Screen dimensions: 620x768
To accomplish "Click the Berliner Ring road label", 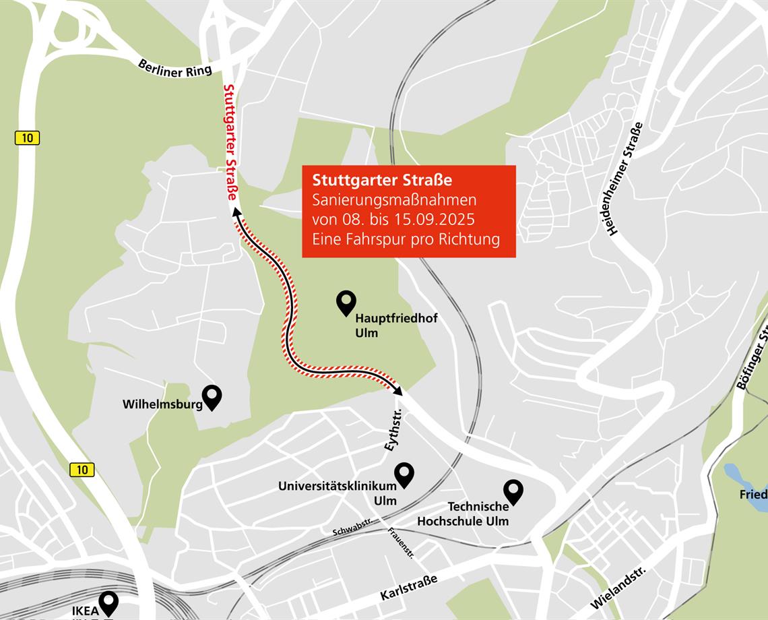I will pos(174,68).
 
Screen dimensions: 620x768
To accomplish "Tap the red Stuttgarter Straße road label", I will pos(230,142).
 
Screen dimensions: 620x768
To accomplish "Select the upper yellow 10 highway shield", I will pos(27,138).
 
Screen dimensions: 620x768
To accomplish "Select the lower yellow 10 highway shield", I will pos(82,470).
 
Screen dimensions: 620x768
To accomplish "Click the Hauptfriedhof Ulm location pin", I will pos(346,303).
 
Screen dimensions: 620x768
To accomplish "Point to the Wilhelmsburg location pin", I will pos(212,397).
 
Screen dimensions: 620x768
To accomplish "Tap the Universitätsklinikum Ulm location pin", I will pos(404,474).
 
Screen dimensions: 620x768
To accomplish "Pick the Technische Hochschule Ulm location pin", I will pos(513,491).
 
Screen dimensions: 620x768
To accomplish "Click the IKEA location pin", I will pos(108,602).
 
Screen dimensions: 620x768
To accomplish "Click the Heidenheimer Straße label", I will pos(625,179).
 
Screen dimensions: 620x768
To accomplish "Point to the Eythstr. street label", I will pos(393,429).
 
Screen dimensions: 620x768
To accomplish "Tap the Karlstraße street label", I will pos(408,588).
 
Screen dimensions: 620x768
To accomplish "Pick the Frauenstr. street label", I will pos(401,543).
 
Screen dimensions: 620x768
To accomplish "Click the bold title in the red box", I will pos(382,180).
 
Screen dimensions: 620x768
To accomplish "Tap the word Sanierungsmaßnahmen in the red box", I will pos(394,200).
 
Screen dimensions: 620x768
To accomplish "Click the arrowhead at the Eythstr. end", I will pos(398,390).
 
